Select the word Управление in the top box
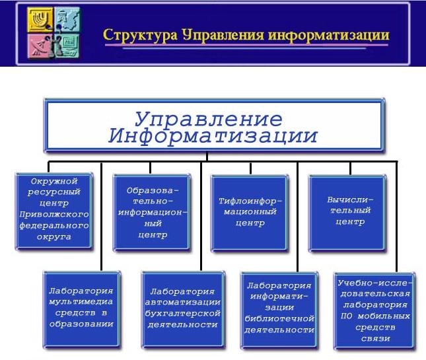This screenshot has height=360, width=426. (209, 119)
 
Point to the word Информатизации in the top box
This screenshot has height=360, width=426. (213, 137)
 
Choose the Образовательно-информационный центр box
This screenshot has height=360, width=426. (153, 211)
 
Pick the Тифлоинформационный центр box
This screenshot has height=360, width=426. (250, 211)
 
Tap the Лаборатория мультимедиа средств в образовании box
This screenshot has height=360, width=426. (81, 308)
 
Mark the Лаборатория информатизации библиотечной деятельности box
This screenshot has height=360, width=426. (278, 308)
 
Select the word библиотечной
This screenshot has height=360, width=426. (278, 318)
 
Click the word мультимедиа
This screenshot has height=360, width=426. (81, 302)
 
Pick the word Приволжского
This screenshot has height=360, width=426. (53, 215)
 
